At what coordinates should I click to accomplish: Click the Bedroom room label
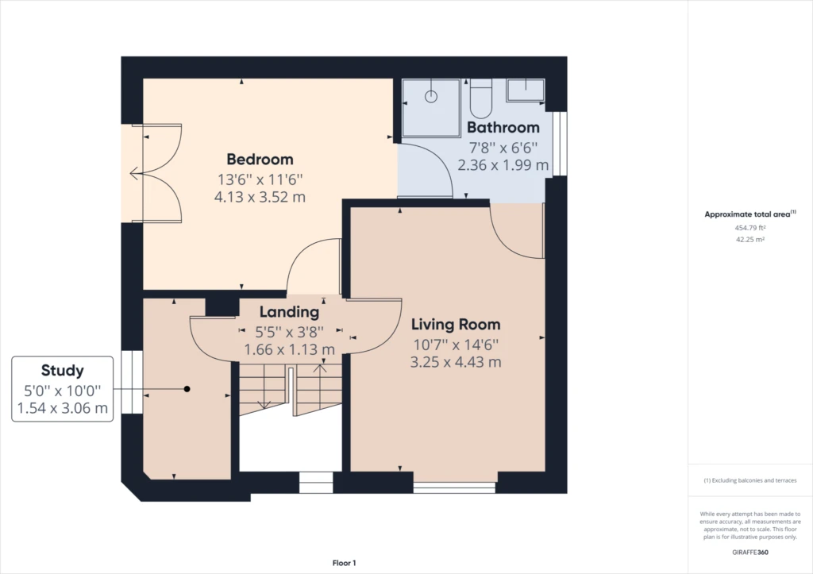(260, 160)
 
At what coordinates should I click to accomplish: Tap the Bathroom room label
(503, 128)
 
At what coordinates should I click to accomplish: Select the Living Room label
(456, 325)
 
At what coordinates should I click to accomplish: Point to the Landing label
(289, 312)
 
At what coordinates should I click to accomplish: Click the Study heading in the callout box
(62, 371)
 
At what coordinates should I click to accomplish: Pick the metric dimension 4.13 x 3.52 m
(260, 197)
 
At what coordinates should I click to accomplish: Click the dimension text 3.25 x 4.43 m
(456, 362)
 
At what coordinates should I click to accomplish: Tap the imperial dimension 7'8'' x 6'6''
(503, 148)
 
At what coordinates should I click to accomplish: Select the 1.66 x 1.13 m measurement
(289, 349)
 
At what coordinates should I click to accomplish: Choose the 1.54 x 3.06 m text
(62, 408)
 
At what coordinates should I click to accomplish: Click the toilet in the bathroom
(480, 98)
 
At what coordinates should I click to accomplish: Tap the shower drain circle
(431, 96)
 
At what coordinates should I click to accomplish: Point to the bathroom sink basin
(526, 90)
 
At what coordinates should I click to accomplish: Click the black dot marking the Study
(187, 389)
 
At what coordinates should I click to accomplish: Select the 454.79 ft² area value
(750, 228)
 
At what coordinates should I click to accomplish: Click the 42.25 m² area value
(750, 240)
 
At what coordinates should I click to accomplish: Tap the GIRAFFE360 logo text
(750, 553)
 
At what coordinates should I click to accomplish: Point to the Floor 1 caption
(345, 563)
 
